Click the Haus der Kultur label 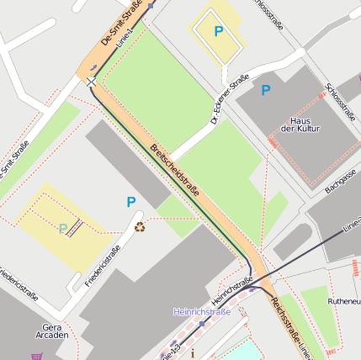coord(300,124)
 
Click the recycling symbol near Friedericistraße coord(140,225)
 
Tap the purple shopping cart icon coord(36,356)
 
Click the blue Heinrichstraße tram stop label coord(202,312)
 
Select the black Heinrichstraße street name coord(233,291)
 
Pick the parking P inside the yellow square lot coord(219,31)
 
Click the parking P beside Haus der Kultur coord(266,90)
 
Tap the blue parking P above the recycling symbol coord(130,202)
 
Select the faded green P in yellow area coord(62,228)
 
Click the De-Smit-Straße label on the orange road coord(121,24)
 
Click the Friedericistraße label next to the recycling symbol coord(103,264)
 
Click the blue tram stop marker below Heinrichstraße coord(202,323)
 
